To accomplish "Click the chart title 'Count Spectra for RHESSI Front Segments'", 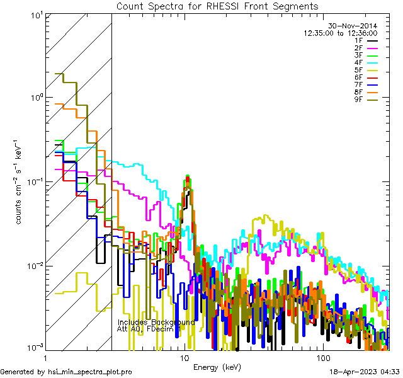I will click(x=217, y=6).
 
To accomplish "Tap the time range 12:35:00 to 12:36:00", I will click(x=341, y=33).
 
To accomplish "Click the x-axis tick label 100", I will click(x=322, y=358).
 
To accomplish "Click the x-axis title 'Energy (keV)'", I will click(x=217, y=367).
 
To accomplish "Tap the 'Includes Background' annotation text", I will click(x=156, y=322).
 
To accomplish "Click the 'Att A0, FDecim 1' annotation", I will click(x=149, y=329).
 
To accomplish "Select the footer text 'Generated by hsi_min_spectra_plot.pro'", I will click(x=66, y=372).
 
